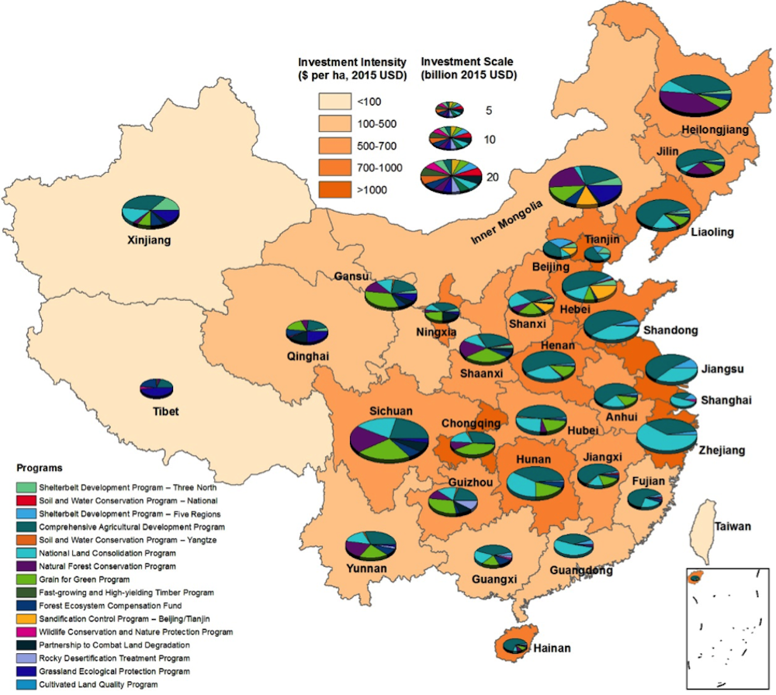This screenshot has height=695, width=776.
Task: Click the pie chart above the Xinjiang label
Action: click(x=151, y=211)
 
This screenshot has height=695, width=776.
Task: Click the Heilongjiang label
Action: click(x=715, y=130)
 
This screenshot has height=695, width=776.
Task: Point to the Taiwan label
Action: click(x=733, y=527)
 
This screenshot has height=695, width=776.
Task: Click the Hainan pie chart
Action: click(x=513, y=645)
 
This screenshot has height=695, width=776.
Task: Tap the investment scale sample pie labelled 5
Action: click(x=449, y=109)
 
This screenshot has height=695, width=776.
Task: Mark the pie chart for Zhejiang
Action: click(x=666, y=436)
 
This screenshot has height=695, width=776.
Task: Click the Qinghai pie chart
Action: click(x=307, y=332)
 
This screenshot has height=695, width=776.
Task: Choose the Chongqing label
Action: click(x=471, y=424)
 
